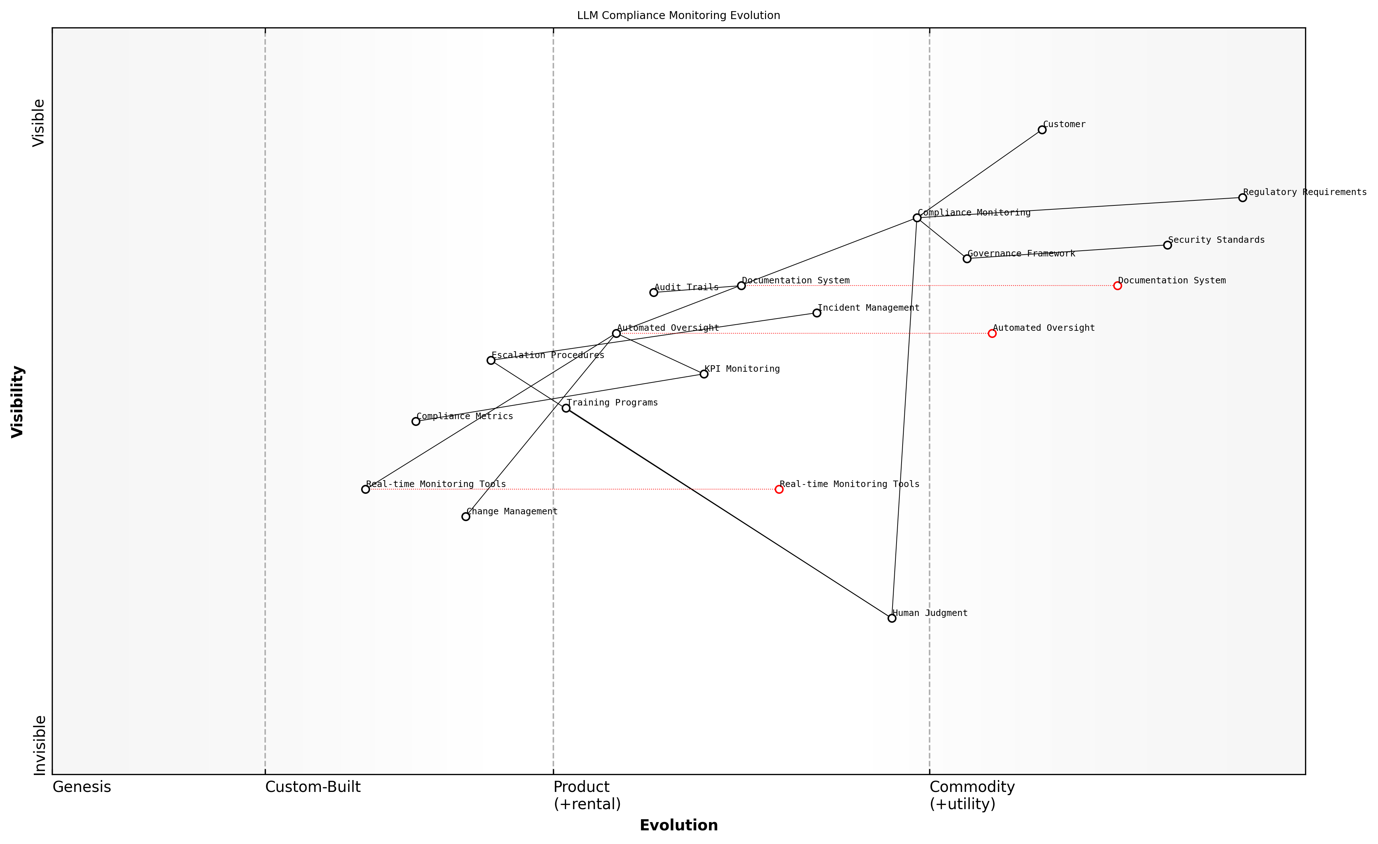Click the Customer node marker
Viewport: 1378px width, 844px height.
(x=1042, y=130)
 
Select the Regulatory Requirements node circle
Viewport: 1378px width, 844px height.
(x=1243, y=198)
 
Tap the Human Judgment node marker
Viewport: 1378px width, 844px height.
(x=892, y=618)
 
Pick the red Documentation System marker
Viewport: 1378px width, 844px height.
(x=1117, y=286)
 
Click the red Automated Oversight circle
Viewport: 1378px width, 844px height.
(x=992, y=334)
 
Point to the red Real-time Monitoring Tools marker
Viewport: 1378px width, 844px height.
(x=779, y=490)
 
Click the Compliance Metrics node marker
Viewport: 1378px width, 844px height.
(x=415, y=421)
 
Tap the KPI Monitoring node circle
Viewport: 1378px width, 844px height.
(x=704, y=374)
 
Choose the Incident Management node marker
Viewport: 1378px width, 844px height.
(x=817, y=313)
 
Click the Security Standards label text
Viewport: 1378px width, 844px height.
(x=1216, y=240)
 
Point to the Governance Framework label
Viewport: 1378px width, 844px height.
(x=1021, y=254)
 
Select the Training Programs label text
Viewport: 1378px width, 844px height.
(x=612, y=403)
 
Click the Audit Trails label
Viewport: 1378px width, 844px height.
(x=686, y=287)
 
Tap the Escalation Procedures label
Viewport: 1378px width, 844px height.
(x=548, y=355)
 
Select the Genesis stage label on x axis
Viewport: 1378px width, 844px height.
(x=82, y=787)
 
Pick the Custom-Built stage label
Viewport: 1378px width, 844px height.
(x=313, y=787)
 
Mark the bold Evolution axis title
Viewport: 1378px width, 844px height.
(x=678, y=826)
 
